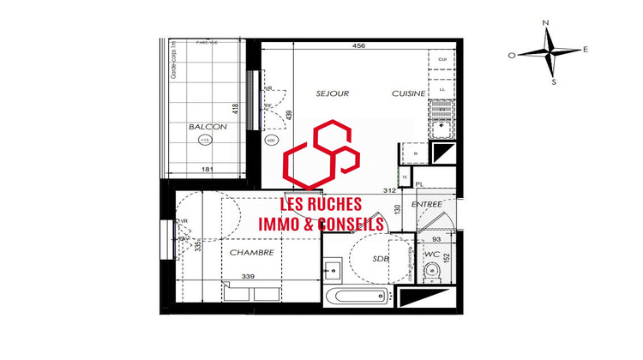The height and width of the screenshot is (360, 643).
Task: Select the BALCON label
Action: pyautogui.click(x=207, y=127)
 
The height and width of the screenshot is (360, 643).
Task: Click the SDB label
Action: pyautogui.click(x=382, y=258)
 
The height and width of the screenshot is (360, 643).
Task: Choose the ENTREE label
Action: pyautogui.click(x=426, y=204)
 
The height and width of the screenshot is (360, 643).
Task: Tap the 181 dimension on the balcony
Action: pyautogui.click(x=207, y=169)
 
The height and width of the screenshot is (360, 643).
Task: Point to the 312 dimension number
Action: pyautogui.click(x=388, y=190)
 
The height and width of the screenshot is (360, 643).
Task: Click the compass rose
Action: pyautogui.click(x=549, y=53)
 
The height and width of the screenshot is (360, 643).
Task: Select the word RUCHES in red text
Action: pyautogui.click(x=332, y=205)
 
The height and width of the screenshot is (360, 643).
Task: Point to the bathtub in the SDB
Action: pyautogui.click(x=359, y=297)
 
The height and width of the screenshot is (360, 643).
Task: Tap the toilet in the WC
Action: pyautogui.click(x=431, y=272)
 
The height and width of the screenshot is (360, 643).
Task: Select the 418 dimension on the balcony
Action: pyautogui.click(x=234, y=111)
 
